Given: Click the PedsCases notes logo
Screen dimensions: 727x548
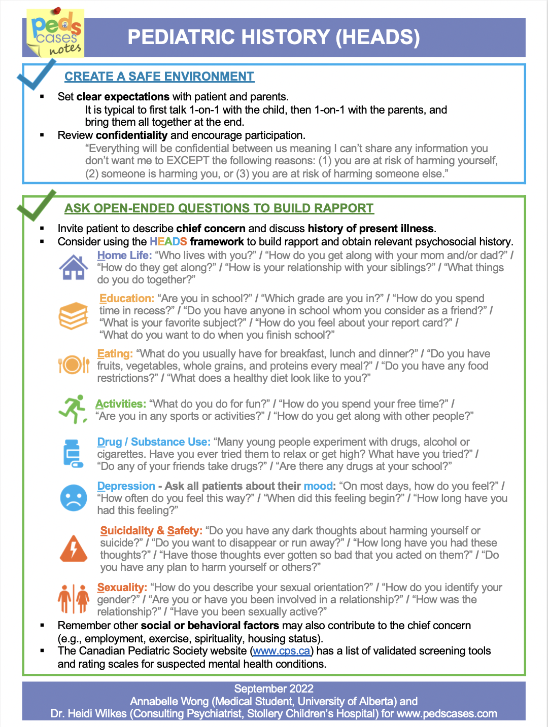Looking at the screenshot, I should (x=55, y=33).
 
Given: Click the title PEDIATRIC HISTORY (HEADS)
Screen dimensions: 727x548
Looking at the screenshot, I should (x=273, y=38).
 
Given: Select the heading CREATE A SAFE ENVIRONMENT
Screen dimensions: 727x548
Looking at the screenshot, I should (x=159, y=77).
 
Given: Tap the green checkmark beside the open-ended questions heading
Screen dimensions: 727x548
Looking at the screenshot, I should (x=36, y=205).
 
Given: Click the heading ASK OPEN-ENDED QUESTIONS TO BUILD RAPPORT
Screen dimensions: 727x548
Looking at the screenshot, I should (x=219, y=208).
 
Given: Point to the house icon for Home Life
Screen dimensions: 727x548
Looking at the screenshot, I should (x=74, y=267).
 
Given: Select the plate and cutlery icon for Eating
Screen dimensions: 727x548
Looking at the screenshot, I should (x=74, y=365).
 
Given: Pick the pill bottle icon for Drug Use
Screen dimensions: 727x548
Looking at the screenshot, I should (x=73, y=453).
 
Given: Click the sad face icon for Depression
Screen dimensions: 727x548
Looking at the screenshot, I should (x=74, y=498).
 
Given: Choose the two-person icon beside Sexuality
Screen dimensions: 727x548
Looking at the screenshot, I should (x=74, y=599).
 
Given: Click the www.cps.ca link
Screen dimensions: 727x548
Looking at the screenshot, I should (x=282, y=651).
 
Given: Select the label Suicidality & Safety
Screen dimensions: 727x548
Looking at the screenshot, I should (x=151, y=531).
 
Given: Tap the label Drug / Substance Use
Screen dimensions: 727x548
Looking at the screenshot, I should (x=154, y=442).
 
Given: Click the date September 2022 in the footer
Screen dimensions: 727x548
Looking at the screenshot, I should (x=273, y=688).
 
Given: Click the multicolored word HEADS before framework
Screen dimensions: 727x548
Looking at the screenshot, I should (x=168, y=242).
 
